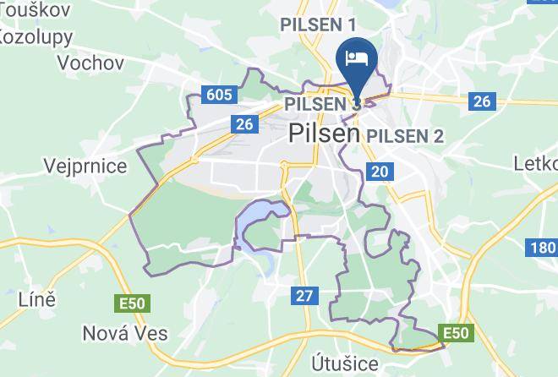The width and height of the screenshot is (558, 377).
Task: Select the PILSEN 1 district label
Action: click(319, 25)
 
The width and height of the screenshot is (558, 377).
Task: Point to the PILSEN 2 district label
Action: click(406, 135)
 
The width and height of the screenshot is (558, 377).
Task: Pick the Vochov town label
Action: click(90, 63)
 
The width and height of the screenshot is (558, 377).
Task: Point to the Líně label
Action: click(36, 298)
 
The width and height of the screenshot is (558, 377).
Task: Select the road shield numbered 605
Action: click(218, 94)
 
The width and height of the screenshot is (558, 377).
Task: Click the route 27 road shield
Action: click(304, 295)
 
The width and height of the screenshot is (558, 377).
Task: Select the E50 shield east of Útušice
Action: click(455, 332)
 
